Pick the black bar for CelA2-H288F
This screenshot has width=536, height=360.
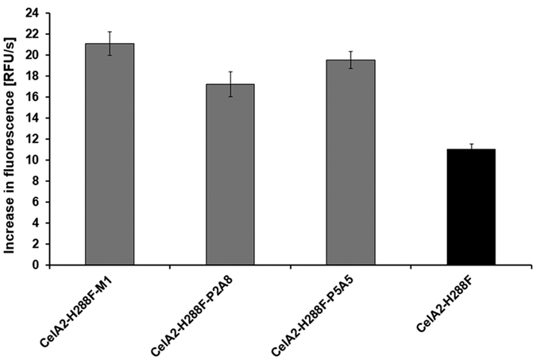472,207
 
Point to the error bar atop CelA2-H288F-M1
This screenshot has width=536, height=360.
110,43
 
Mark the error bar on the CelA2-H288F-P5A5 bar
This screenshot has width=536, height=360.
351,60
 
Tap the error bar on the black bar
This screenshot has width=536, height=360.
472,148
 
